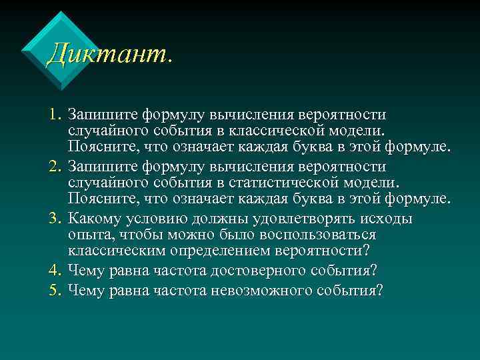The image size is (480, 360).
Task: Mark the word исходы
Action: click(388, 219)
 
